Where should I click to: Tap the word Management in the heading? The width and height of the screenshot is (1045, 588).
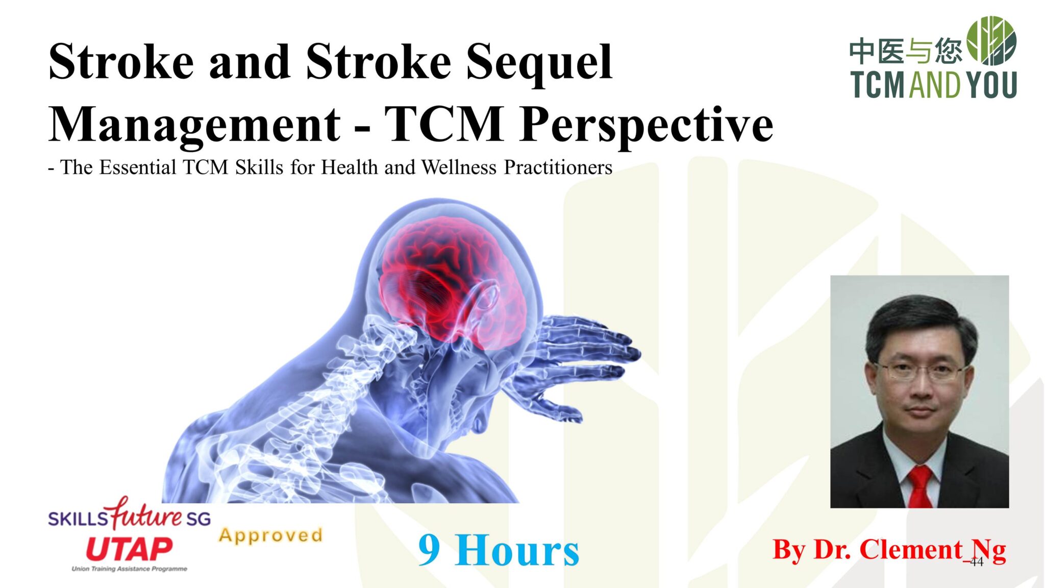[194, 125]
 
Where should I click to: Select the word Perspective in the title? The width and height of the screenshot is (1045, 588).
[646, 125]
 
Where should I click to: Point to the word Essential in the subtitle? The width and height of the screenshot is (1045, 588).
[137, 167]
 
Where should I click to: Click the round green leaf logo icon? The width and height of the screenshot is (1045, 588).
[991, 41]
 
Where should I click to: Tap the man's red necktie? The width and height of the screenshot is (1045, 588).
[920, 487]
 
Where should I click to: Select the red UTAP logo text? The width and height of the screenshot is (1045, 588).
[129, 549]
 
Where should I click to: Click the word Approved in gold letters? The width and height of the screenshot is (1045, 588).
[271, 535]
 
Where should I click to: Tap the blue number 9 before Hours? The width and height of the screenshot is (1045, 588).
[429, 550]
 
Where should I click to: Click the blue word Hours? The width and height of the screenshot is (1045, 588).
[516, 551]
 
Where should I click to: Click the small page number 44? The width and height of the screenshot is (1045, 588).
[976, 562]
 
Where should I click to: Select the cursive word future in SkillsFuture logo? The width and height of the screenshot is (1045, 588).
[146, 514]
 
